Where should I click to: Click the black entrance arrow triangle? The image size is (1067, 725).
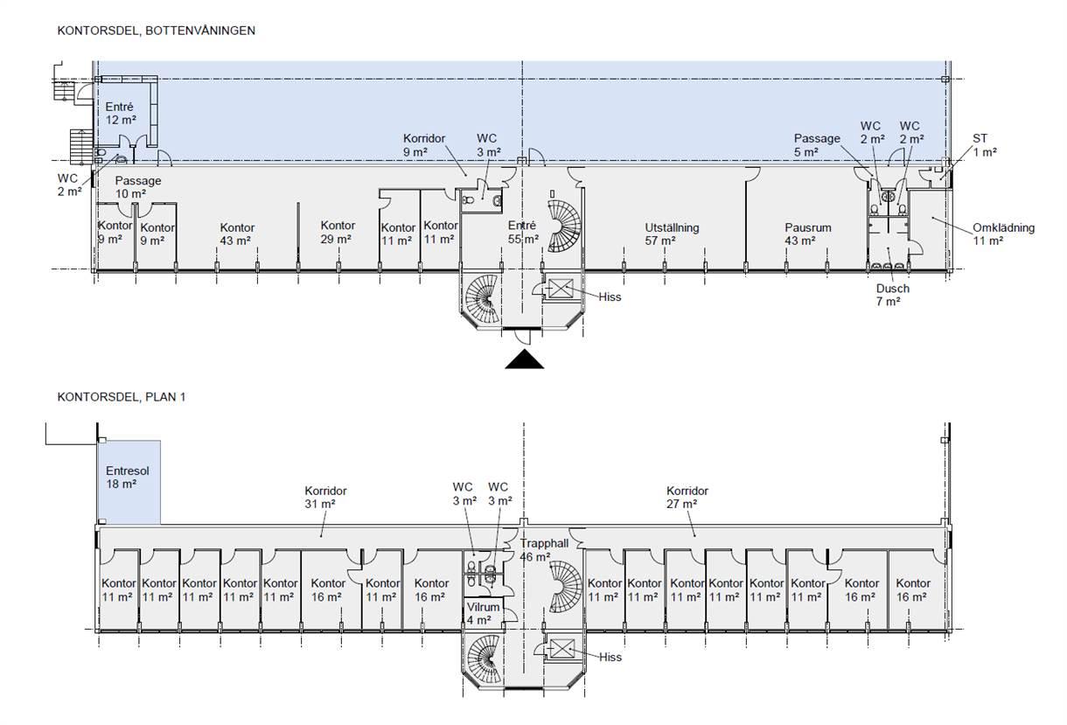pos(524,359)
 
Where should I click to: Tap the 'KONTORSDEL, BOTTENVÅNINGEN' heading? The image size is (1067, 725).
pos(157,31)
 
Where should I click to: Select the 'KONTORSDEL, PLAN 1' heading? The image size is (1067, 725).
pos(122,397)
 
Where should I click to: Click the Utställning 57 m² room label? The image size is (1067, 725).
pos(672,234)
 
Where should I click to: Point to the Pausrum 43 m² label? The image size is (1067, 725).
pos(808,234)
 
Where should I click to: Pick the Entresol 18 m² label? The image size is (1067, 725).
pos(127,478)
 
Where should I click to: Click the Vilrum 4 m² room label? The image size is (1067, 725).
pos(483,614)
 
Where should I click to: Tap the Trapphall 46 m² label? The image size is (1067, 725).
pos(544,550)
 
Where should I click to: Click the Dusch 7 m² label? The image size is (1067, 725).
pos(893,295)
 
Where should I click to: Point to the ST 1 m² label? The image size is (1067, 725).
pos(984,145)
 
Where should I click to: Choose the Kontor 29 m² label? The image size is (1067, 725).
pos(338,233)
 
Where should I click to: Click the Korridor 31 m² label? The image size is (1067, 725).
pos(326,498)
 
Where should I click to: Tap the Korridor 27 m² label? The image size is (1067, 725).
pos(687,498)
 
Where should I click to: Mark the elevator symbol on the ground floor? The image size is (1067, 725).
pos(561,289)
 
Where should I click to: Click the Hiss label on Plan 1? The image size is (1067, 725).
pos(610,658)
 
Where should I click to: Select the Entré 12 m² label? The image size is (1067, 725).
pos(121,114)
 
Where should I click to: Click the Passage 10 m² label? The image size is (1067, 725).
pos(138,187)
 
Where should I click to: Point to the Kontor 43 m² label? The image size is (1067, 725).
pos(237,234)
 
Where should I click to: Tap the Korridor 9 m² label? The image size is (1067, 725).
pos(424,145)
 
